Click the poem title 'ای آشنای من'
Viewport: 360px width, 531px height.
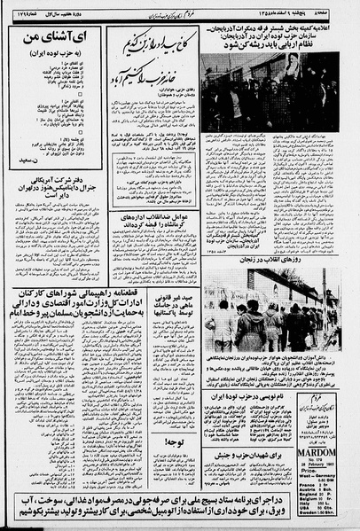click(x=53, y=41)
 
